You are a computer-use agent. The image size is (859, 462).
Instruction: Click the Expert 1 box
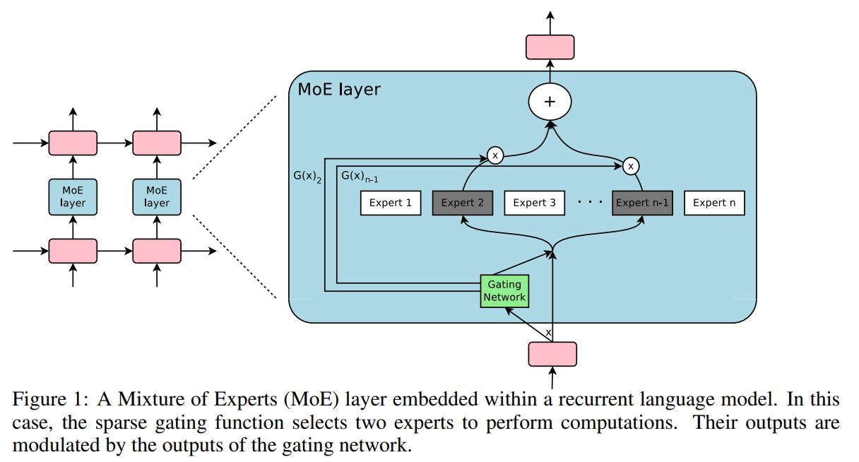pyautogui.click(x=391, y=203)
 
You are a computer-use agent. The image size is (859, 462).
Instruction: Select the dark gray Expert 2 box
pyautogui.click(x=462, y=203)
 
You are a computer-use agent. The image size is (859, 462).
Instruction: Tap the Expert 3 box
pyautogui.click(x=534, y=203)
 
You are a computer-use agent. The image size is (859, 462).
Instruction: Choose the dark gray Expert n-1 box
pyautogui.click(x=641, y=203)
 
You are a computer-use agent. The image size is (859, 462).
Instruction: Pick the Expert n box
pyautogui.click(x=713, y=203)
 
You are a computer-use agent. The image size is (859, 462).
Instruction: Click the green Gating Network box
pyautogui.click(x=504, y=290)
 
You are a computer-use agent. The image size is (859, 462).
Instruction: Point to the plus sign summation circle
pyautogui.click(x=550, y=102)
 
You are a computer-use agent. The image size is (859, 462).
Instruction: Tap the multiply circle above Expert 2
pyautogui.click(x=495, y=155)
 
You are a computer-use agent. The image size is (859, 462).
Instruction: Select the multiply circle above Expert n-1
pyautogui.click(x=631, y=166)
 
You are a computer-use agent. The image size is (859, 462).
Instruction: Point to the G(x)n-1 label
pyautogui.click(x=365, y=175)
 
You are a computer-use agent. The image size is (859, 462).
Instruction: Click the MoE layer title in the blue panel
pyautogui.click(x=339, y=90)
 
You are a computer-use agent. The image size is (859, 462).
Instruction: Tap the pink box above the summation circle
pyautogui.click(x=550, y=47)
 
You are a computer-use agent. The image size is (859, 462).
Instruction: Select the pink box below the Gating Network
pyautogui.click(x=552, y=354)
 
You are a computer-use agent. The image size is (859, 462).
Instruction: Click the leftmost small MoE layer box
pyautogui.click(x=73, y=196)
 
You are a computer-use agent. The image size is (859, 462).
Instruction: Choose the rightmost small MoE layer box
pyautogui.click(x=157, y=196)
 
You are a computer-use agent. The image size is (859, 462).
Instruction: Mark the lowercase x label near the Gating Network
pyautogui.click(x=548, y=331)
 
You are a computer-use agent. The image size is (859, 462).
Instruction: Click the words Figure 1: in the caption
pyautogui.click(x=42, y=399)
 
